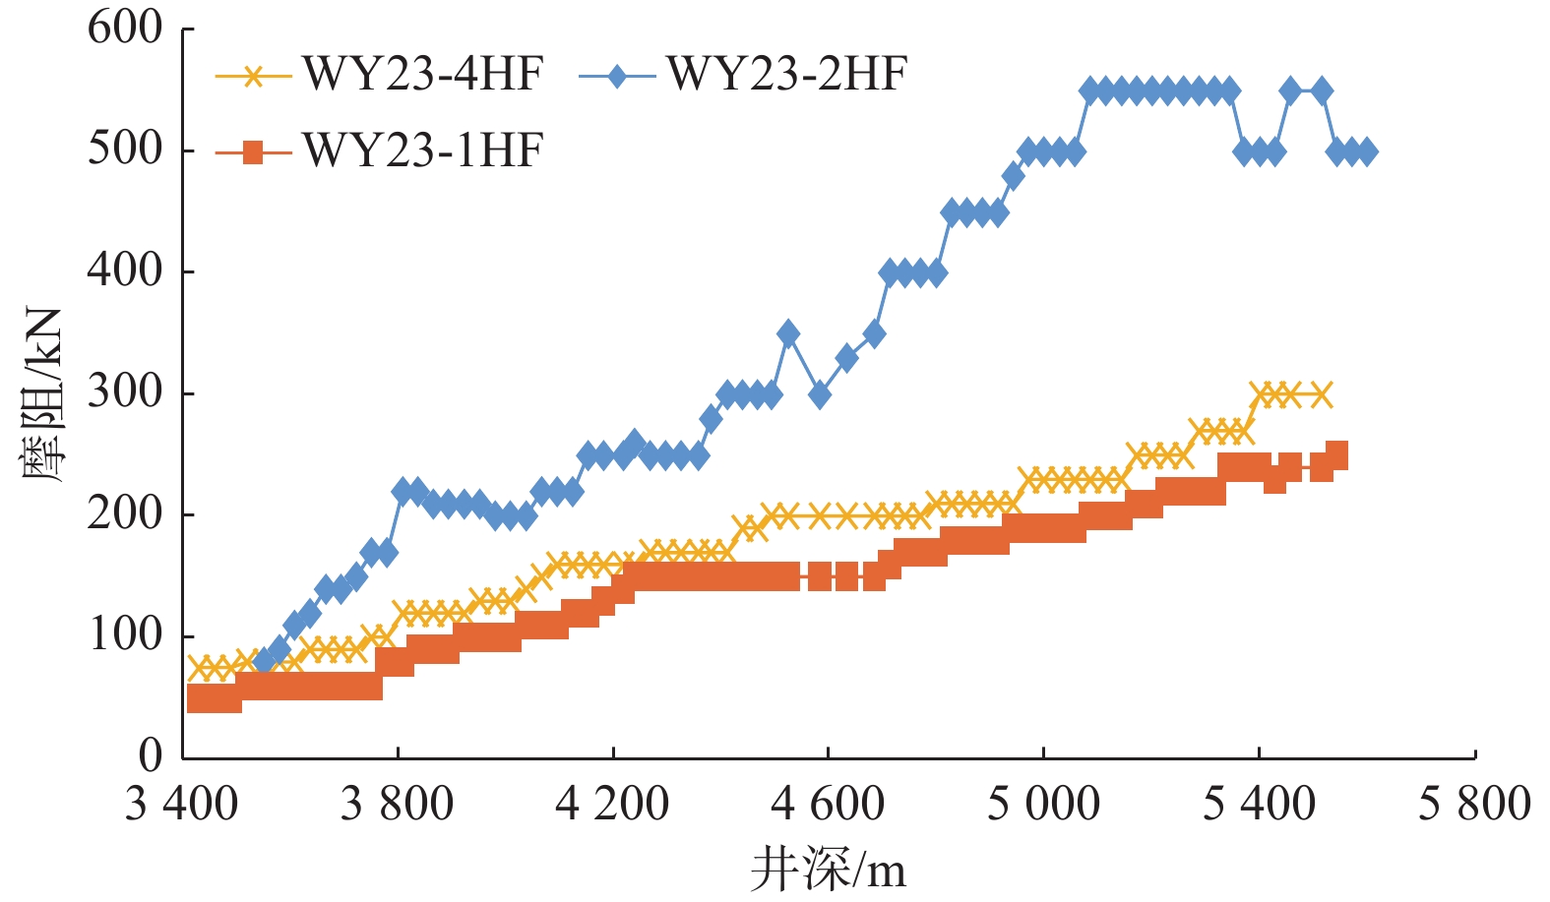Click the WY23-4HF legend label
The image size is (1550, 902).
pyautogui.click(x=423, y=75)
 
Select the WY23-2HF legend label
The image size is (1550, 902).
pyautogui.click(x=786, y=75)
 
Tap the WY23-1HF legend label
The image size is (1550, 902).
pyautogui.click(x=423, y=151)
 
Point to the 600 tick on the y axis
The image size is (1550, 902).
pyautogui.click(x=125, y=28)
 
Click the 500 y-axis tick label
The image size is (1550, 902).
pyautogui.click(x=125, y=150)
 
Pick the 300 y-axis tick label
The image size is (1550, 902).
pyautogui.click(x=125, y=392)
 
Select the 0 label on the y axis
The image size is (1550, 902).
pyautogui.click(x=151, y=755)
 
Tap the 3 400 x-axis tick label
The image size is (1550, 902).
pyautogui.click(x=182, y=804)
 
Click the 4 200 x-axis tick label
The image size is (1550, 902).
pyautogui.click(x=612, y=804)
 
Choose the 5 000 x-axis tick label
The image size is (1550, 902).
pyautogui.click(x=1043, y=804)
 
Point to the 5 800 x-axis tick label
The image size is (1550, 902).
pyautogui.click(x=1474, y=804)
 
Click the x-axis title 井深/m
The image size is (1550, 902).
pyautogui.click(x=828, y=870)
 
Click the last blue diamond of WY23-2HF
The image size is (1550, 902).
pyautogui.click(x=1366, y=152)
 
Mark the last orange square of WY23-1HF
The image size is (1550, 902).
pyautogui.click(x=1336, y=454)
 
